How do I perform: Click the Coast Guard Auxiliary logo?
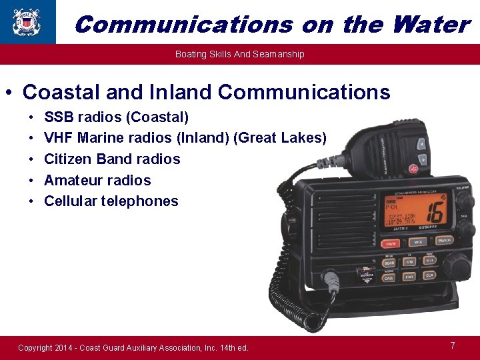tap(27, 21)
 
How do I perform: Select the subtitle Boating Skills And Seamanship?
tap(239, 54)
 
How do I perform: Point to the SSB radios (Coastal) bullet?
tap(116, 117)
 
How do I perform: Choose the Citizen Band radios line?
tap(112, 159)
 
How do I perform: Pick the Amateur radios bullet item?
tap(97, 180)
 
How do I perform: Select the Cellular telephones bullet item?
tap(111, 201)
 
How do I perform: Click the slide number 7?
tap(453, 345)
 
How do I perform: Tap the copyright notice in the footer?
tap(133, 347)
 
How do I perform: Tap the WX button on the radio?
tap(417, 243)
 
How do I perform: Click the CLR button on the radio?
tap(430, 275)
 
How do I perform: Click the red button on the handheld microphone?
tap(423, 159)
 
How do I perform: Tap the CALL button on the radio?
tap(389, 279)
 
